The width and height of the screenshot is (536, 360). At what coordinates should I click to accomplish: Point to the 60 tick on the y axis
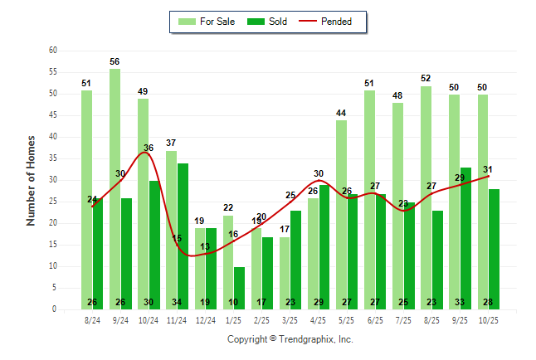[53, 51]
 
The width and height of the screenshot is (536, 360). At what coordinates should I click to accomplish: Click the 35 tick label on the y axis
[53, 158]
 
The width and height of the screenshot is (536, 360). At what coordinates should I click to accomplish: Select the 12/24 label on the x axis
[204, 319]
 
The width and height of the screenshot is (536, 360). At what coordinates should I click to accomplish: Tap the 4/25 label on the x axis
[318, 319]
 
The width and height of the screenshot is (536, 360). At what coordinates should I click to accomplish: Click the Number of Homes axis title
[31, 180]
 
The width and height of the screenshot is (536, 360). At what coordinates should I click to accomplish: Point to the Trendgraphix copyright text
[290, 339]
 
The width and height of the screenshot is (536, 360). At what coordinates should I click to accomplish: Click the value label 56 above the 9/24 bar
[115, 62]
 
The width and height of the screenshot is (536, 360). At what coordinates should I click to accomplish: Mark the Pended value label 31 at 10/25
[487, 169]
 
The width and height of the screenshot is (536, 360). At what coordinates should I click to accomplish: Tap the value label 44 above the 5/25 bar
[341, 114]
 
